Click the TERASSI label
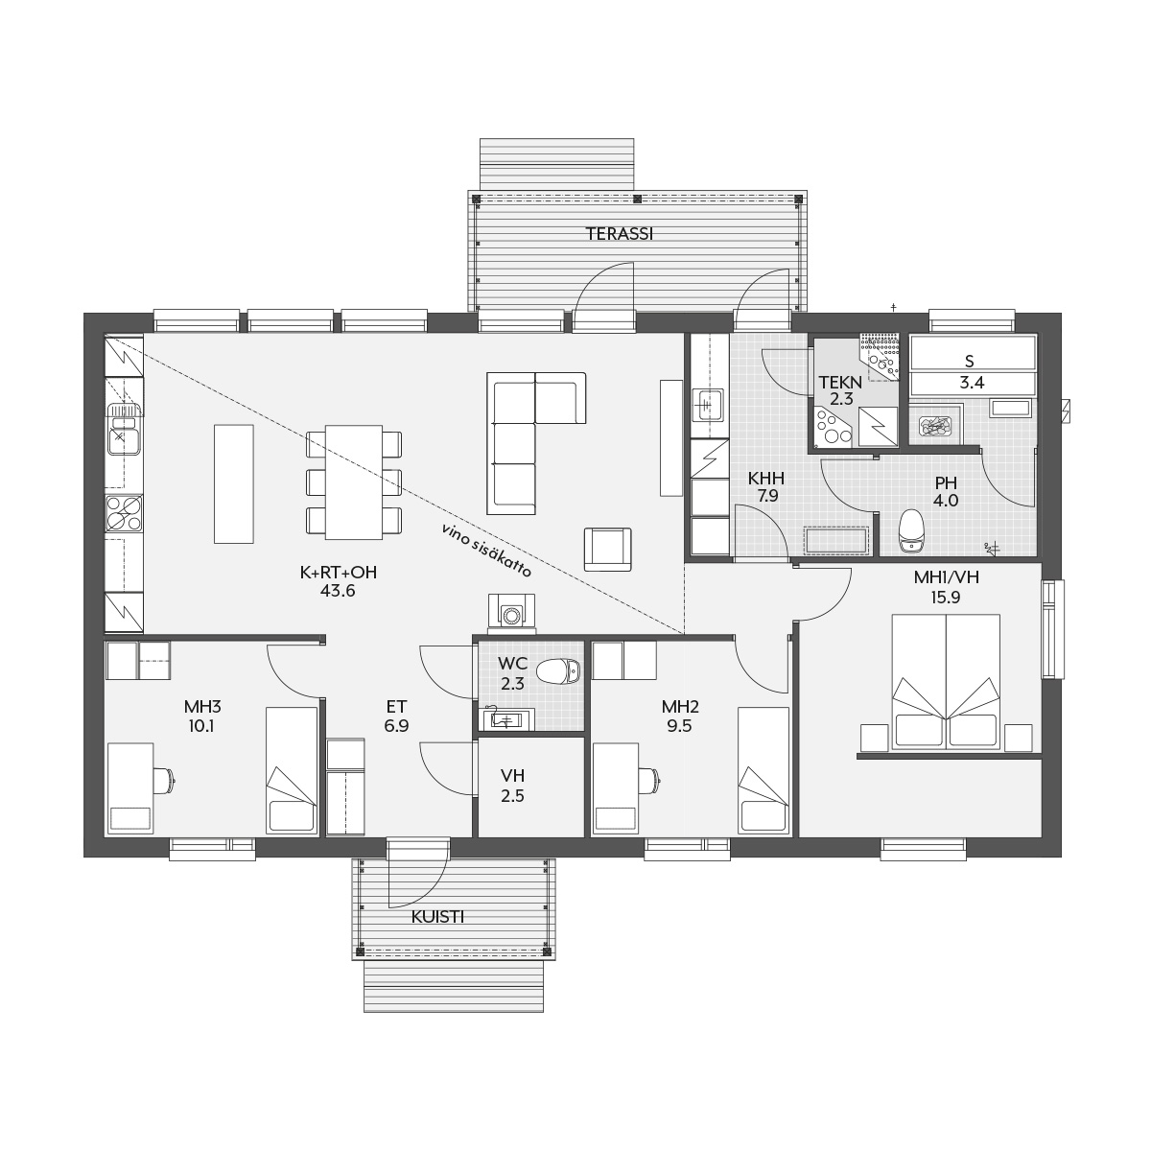[x=619, y=234]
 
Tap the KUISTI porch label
[x=437, y=917]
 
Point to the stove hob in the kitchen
[x=125, y=513]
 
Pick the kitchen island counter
[x=233, y=483]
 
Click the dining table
[x=354, y=482]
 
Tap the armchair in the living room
[x=607, y=550]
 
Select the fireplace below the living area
[x=511, y=614]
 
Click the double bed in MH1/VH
[x=946, y=682]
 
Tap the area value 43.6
[x=338, y=591]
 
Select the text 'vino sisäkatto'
[x=486, y=551]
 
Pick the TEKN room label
[x=840, y=382]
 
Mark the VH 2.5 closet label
[x=512, y=786]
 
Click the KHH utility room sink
[x=709, y=406]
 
